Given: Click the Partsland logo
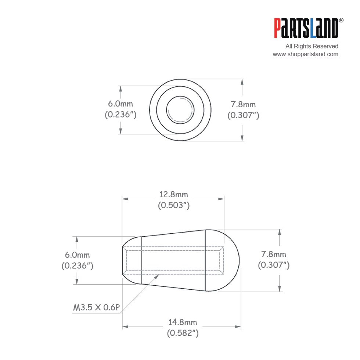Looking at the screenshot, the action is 306,28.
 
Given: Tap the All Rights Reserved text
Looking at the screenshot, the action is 312,46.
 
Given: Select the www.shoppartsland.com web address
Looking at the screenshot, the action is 305,54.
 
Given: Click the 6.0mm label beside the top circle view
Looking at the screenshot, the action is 120,104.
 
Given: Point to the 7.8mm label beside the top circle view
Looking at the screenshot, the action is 243,104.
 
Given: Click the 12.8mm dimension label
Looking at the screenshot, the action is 173,194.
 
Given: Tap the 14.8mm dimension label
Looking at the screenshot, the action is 183,322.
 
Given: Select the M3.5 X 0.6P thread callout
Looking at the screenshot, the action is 96,307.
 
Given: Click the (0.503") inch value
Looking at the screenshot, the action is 174,205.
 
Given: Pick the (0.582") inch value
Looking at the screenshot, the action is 183,333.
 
